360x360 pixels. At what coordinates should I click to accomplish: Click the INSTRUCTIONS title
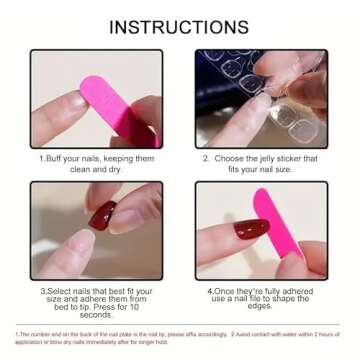(x=179, y=26)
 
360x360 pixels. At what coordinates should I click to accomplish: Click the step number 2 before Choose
(x=205, y=158)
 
